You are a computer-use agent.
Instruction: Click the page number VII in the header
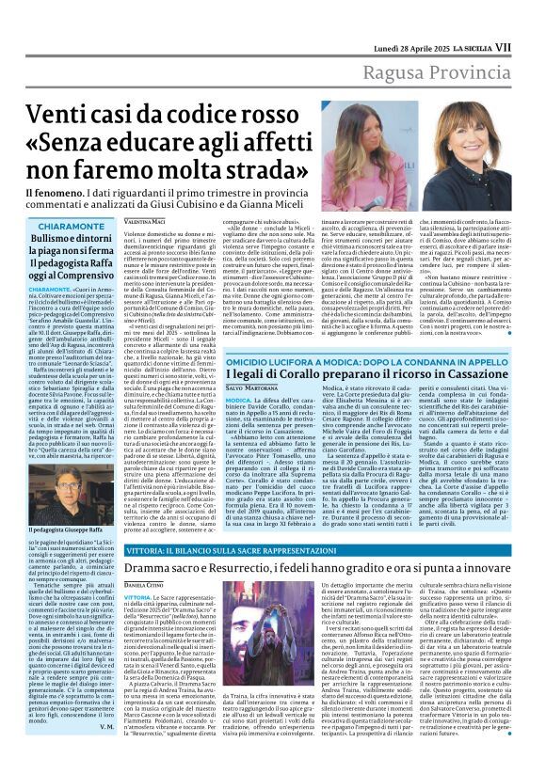click(530, 19)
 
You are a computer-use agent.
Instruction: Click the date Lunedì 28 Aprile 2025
click(426, 19)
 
